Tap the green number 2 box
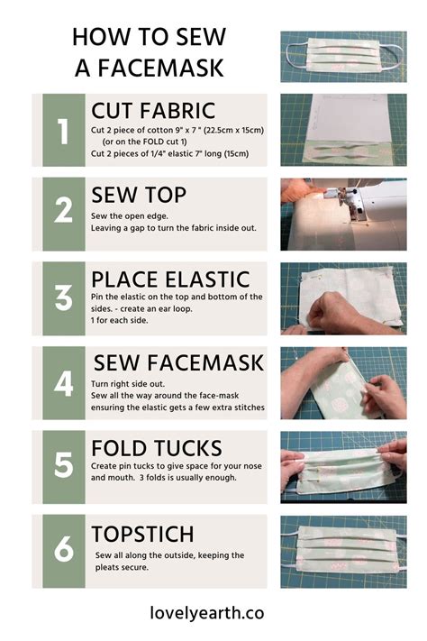(x=63, y=214)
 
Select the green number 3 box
(x=63, y=298)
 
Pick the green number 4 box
(x=63, y=382)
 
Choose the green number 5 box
(x=63, y=466)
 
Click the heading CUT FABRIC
(x=153, y=111)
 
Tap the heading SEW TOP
(x=138, y=195)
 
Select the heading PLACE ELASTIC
(x=170, y=279)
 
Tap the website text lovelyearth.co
(x=206, y=612)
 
